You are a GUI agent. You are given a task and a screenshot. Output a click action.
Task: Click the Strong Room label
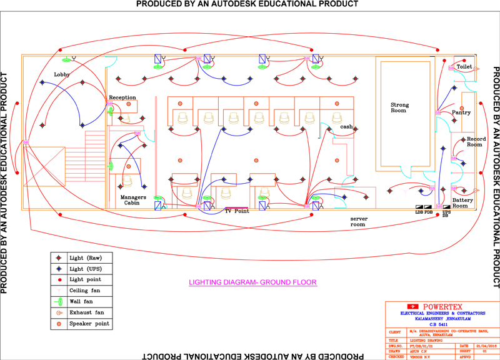[399, 107]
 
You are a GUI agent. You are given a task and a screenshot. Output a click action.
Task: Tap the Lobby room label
[62, 74]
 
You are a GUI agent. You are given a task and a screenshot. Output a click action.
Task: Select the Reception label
[122, 97]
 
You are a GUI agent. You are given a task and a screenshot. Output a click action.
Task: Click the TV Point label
[237, 211]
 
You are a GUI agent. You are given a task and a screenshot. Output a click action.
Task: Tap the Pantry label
[461, 112]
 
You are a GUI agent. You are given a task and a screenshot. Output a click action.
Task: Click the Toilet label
[464, 66]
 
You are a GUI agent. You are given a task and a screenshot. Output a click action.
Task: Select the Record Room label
[475, 142]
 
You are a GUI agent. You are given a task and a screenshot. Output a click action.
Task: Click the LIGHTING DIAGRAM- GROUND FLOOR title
[253, 282]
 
